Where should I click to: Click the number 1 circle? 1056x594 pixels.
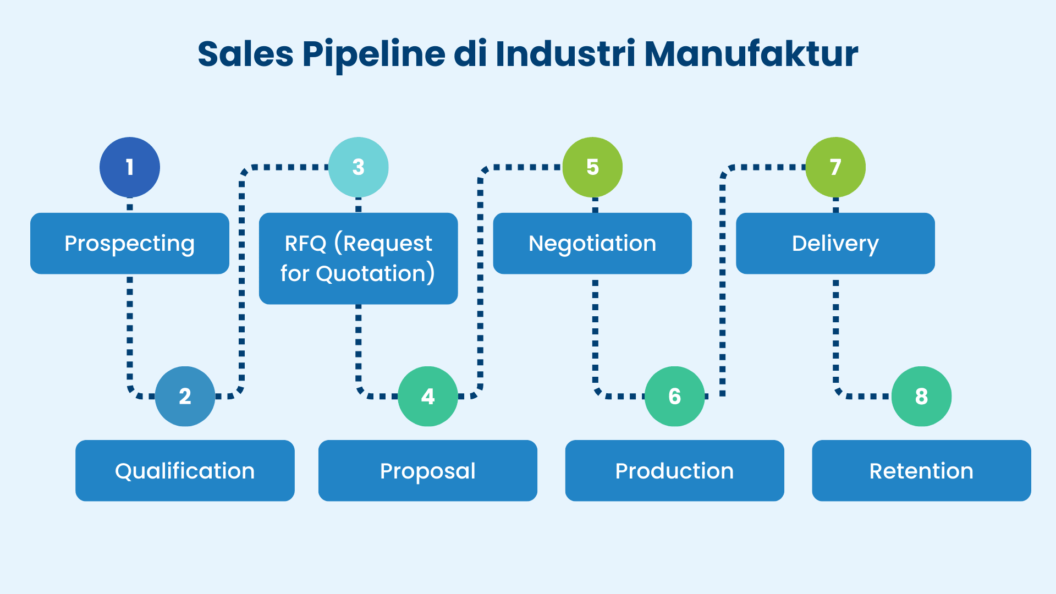130,167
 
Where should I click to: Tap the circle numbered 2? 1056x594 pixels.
185,396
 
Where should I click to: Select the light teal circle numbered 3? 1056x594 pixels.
359,167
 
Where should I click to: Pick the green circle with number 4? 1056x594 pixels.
428,396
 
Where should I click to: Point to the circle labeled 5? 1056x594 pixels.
592,167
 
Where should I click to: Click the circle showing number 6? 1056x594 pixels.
674,396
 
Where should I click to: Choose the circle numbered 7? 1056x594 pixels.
835,167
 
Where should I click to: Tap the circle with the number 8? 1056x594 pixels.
921,396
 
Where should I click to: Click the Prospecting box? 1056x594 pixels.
130,244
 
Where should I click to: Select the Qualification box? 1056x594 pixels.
185,471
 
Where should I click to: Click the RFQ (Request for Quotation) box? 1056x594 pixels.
359,258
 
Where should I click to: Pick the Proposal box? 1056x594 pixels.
428,471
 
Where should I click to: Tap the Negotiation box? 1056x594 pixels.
592,244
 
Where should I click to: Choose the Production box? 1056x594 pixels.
674,471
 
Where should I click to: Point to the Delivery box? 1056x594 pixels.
835,244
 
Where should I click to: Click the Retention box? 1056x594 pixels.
921,471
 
